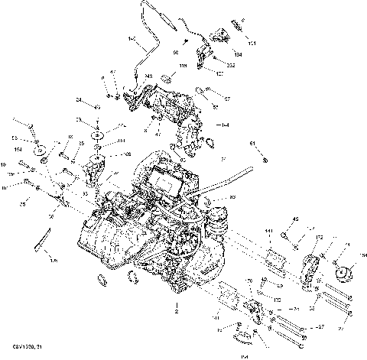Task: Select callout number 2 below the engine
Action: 177,313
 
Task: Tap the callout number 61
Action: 253,143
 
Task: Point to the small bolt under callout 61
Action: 265,160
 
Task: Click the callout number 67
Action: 227,99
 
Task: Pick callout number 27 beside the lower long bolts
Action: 320,326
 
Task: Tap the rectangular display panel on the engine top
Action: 166,183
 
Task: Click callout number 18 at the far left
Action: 4,165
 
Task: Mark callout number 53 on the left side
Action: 14,138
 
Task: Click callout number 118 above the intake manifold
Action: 183,67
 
